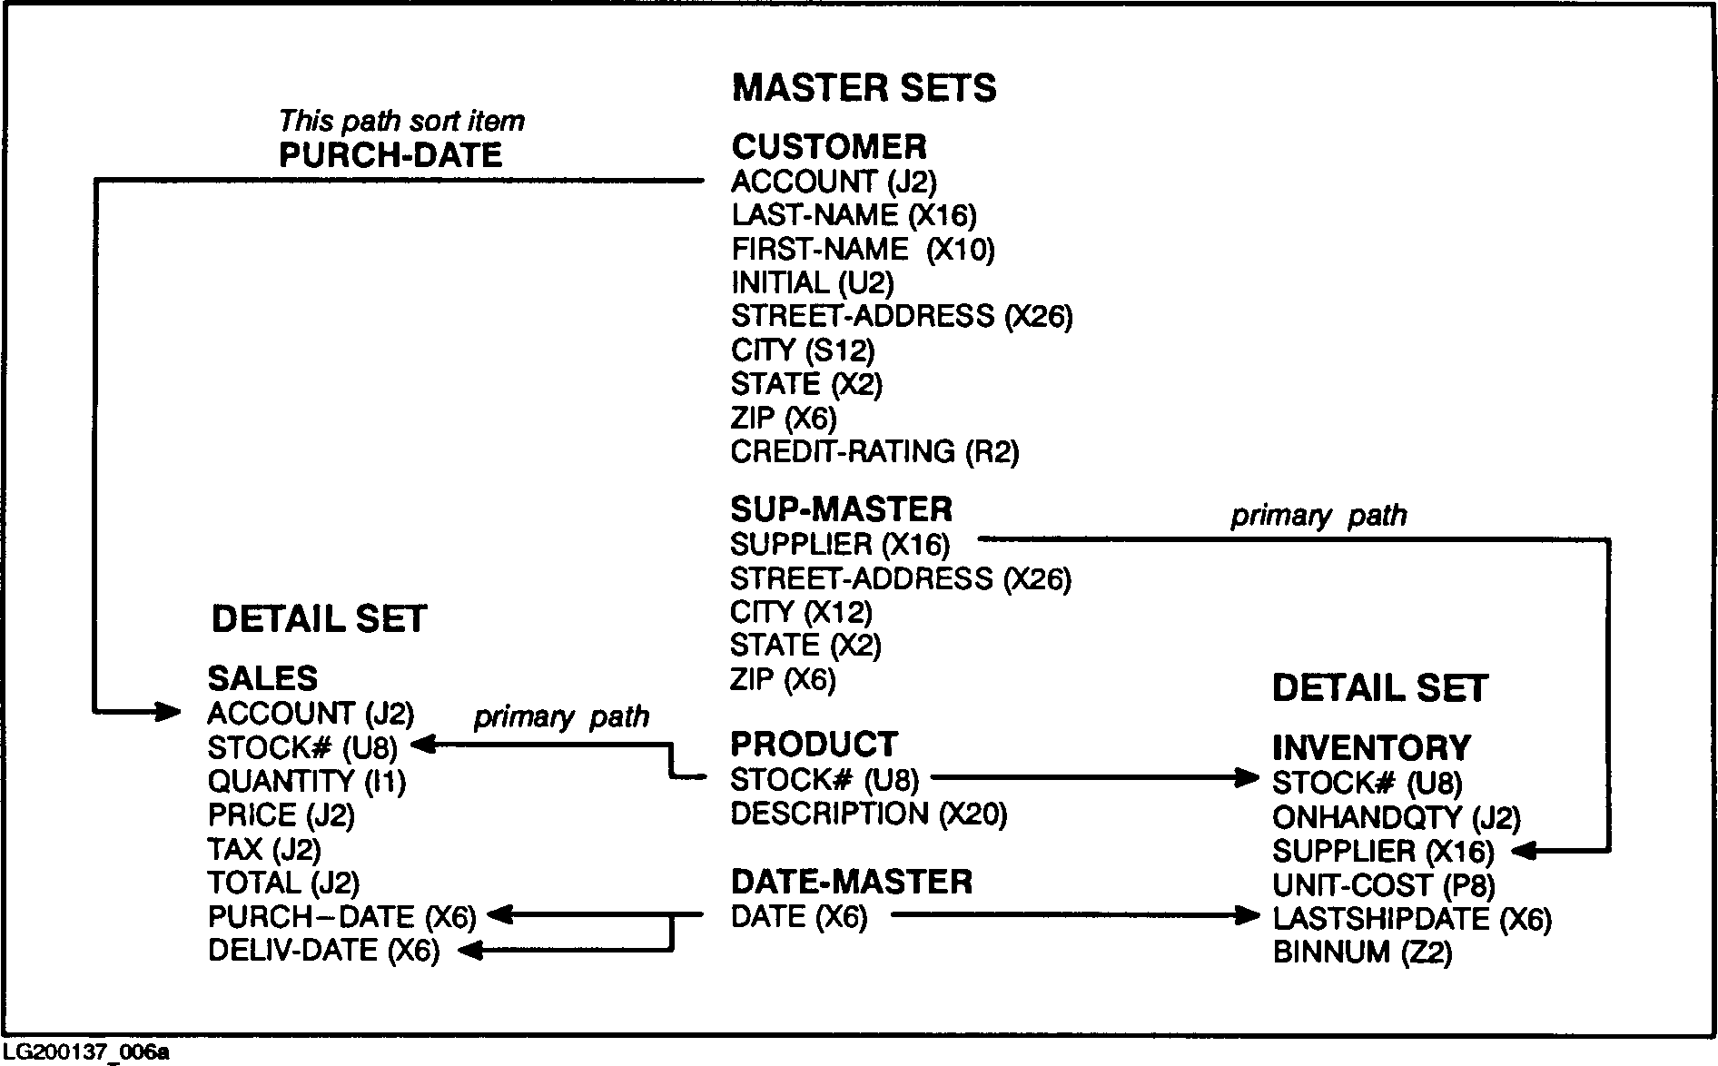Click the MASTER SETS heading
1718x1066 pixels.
pos(864,88)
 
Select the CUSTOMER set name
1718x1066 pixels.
pos(829,147)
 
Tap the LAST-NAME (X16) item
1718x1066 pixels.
pos(854,215)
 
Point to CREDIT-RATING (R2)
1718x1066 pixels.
pos(874,452)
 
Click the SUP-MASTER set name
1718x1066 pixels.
pos(841,508)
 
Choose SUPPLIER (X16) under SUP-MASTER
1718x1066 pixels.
pos(839,545)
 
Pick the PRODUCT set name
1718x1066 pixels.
pos(814,745)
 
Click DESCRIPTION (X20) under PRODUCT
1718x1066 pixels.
pos(868,814)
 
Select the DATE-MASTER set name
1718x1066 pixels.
pos(851,882)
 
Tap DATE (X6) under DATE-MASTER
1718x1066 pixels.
pos(798,917)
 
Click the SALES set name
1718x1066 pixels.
pos(262,679)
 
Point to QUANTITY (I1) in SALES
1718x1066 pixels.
pos(306,782)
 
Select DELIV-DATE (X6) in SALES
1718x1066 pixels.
pos(323,951)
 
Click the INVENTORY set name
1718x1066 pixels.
pos(1371,748)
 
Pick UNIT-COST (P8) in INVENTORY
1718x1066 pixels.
pos(1383,885)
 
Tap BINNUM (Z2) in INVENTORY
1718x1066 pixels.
pos(1362,952)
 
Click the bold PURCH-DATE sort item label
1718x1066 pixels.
pos(390,156)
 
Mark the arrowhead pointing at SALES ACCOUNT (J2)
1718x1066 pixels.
pos(169,711)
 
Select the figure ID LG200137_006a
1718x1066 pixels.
pos(86,1052)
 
